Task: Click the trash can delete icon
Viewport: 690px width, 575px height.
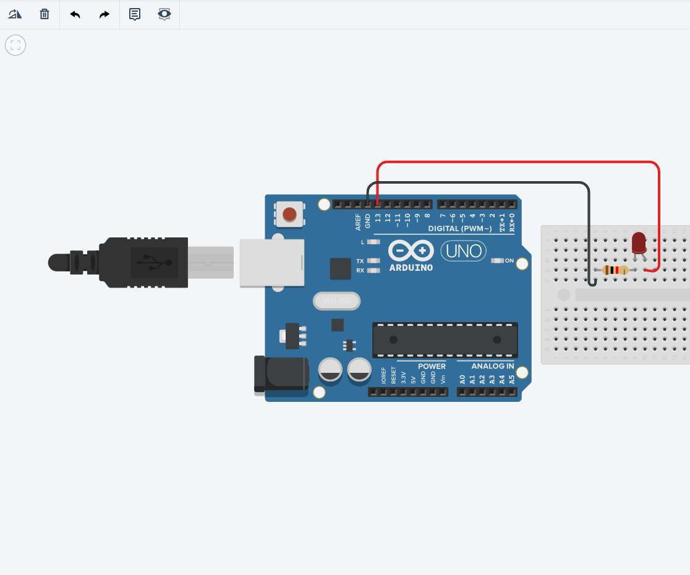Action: (45, 14)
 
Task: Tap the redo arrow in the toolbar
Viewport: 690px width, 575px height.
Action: (104, 14)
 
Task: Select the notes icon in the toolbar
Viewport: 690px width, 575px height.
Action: (135, 14)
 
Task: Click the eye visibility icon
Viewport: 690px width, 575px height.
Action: (164, 14)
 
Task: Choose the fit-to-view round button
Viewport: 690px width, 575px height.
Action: (15, 45)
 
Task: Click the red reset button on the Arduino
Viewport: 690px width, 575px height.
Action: (289, 215)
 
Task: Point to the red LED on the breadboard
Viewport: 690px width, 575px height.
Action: (639, 242)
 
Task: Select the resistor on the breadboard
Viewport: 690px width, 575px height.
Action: (615, 270)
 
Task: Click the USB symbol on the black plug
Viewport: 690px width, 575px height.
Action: (154, 262)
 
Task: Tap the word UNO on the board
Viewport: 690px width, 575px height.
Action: (463, 252)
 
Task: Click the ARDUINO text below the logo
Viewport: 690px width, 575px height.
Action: (411, 268)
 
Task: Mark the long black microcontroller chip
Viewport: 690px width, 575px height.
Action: (445, 340)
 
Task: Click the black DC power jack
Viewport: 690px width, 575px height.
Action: (282, 375)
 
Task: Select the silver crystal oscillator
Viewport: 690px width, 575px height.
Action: (336, 301)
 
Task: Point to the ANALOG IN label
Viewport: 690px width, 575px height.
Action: (493, 366)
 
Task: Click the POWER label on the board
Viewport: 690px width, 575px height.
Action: (432, 366)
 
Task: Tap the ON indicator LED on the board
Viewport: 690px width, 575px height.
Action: (497, 260)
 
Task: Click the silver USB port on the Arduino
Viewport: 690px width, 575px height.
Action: (272, 263)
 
